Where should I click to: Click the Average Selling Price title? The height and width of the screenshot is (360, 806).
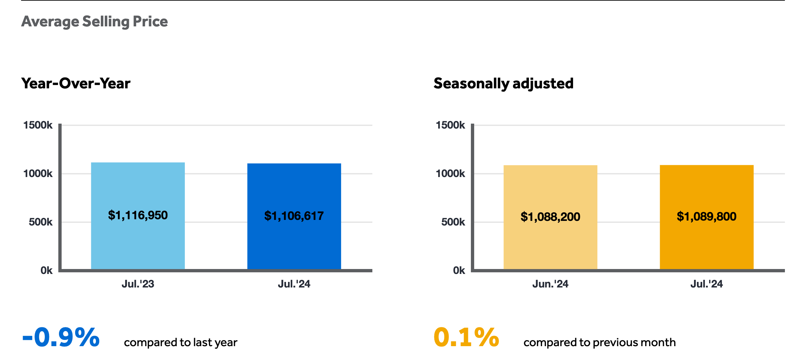point(95,22)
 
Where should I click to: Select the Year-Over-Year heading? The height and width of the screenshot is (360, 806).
point(76,83)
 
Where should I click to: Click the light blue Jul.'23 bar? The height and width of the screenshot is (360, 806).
point(138,216)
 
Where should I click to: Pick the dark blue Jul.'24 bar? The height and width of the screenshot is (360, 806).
point(294,216)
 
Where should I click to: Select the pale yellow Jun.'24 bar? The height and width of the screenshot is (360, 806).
point(550,217)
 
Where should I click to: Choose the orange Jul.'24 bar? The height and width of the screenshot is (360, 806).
point(706,217)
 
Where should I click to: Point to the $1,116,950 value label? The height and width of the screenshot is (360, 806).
point(138,215)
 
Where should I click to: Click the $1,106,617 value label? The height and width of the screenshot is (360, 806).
point(294,216)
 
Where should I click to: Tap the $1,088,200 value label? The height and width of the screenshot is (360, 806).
point(550,217)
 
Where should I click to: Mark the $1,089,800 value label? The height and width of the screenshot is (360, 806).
point(706,216)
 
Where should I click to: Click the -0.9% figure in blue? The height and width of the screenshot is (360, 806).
point(61,337)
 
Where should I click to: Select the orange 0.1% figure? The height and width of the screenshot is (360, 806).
point(466,337)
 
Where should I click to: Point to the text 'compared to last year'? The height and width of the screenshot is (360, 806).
point(181,343)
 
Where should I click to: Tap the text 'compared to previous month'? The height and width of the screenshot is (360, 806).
point(600,343)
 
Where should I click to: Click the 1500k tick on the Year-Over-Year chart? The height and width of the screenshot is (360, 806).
point(38,125)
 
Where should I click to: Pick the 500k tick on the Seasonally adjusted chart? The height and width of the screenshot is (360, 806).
point(453,222)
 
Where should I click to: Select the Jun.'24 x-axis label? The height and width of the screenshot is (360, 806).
point(550,284)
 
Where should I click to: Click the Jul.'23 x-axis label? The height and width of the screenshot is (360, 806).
point(138,284)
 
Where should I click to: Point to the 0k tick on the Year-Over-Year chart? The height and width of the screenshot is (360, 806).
point(46,270)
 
